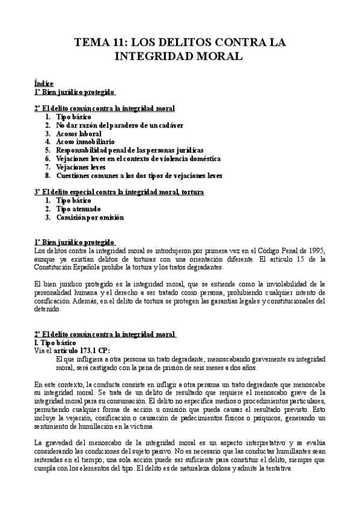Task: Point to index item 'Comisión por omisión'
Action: pos(90,217)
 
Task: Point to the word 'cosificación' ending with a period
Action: pos(55,301)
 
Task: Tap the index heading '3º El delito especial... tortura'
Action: pos(119,192)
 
